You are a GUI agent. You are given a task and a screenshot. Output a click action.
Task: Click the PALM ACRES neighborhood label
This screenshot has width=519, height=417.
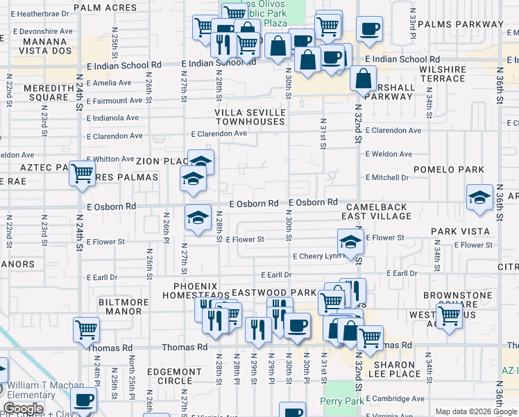point(103,7)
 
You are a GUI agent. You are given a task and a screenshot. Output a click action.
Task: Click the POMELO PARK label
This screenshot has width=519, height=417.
point(449,170)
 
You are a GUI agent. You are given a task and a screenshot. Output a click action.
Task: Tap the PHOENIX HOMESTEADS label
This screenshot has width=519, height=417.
point(196,291)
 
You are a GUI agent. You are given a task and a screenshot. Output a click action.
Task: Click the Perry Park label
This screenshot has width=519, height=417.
point(338,401)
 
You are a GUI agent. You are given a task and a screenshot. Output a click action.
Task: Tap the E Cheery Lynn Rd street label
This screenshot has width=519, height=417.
point(318,256)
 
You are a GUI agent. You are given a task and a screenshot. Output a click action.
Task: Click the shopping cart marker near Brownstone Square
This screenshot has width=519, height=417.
point(450,316)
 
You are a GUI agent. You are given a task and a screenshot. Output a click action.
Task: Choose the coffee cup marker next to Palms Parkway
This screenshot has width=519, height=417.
point(369,29)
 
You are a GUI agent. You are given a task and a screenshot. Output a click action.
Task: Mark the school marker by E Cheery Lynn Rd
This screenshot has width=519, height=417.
point(350,243)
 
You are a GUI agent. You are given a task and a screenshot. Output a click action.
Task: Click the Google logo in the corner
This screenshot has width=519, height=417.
point(23,409)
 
